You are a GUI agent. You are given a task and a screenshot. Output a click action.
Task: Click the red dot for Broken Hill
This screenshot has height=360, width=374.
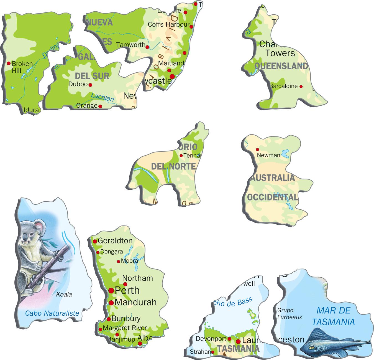point(9,64)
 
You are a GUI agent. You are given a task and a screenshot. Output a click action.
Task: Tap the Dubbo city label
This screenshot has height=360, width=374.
point(78,84)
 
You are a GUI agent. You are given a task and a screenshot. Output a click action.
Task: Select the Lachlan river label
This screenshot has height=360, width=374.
point(102,97)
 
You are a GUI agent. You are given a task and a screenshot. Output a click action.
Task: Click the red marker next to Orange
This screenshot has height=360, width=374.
point(100,106)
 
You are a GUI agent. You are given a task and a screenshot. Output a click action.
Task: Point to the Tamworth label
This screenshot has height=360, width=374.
point(131,45)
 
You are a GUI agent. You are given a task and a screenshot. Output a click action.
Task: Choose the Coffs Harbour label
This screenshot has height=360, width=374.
point(168,24)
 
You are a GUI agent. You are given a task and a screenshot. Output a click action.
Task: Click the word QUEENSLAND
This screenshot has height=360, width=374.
point(281,66)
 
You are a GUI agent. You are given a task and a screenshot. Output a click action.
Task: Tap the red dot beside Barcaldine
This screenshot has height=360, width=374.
point(301,87)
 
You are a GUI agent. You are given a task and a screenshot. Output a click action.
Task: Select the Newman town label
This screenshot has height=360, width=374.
point(268,155)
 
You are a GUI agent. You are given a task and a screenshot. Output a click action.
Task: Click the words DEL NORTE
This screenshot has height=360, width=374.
point(173,166)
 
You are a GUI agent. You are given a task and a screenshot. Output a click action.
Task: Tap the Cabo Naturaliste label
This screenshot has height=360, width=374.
point(52,313)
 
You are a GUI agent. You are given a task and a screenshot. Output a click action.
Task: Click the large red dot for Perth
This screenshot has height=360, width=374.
point(111,290)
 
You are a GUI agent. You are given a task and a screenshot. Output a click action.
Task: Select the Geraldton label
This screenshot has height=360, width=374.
point(115,240)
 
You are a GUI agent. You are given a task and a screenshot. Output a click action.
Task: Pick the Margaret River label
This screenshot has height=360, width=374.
point(125,328)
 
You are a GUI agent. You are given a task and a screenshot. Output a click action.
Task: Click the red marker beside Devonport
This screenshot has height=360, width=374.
point(229,339)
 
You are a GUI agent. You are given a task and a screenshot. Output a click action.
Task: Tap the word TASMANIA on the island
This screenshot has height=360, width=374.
point(238,349)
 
